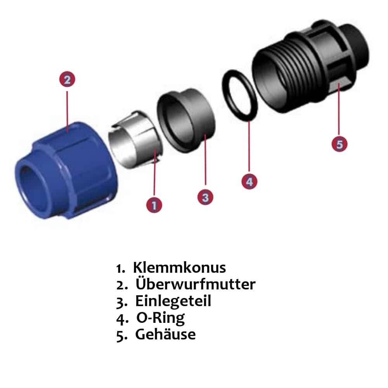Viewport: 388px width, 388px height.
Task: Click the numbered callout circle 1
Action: click(154, 204)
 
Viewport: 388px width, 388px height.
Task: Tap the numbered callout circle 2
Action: click(67, 80)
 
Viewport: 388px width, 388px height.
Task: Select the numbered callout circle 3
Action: click(205, 197)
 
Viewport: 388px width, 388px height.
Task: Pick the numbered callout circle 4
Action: click(249, 181)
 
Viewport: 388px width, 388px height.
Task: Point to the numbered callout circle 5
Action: click(339, 144)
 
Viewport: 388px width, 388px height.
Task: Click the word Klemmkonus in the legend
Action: click(179, 268)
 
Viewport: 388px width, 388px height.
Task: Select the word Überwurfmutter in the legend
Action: click(196, 284)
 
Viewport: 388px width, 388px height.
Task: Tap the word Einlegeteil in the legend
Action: click(173, 301)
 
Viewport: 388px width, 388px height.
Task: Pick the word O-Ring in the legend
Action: click(160, 318)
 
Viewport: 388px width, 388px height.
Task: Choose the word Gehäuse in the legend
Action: click(165, 334)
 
